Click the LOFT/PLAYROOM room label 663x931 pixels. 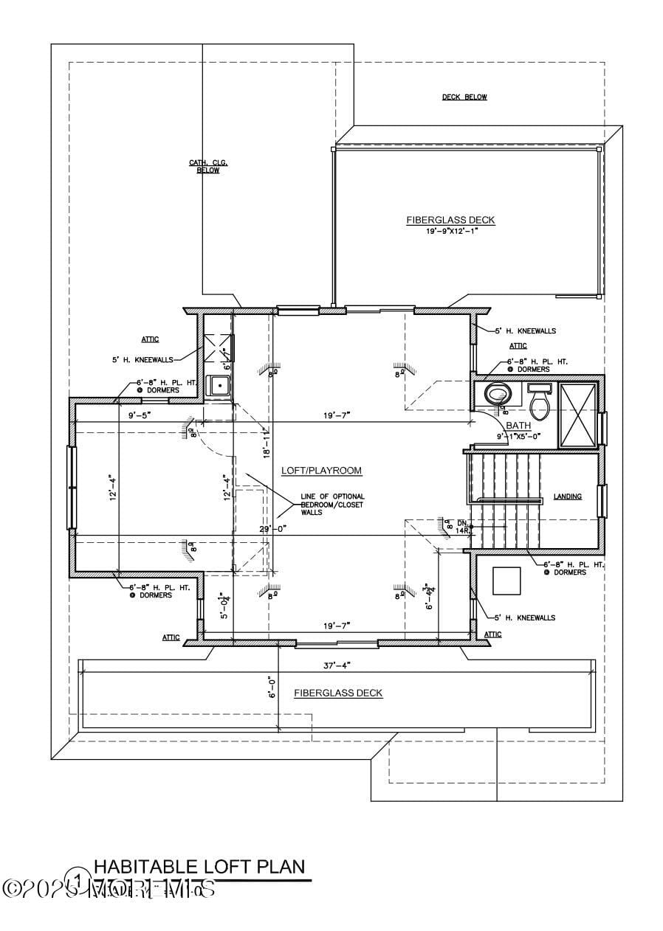[321, 471]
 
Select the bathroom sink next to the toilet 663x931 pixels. [540, 388]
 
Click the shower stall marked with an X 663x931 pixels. [578, 415]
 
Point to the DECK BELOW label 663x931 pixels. [464, 97]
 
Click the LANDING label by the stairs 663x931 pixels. [568, 496]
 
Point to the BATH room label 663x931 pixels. [518, 426]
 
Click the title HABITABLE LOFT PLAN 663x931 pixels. [199, 867]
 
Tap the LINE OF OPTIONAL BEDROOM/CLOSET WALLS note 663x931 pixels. [322, 505]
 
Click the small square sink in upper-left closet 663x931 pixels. [219, 386]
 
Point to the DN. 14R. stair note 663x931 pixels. [463, 527]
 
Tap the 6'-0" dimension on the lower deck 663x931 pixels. [272, 687]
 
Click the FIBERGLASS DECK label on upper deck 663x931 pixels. [450, 220]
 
